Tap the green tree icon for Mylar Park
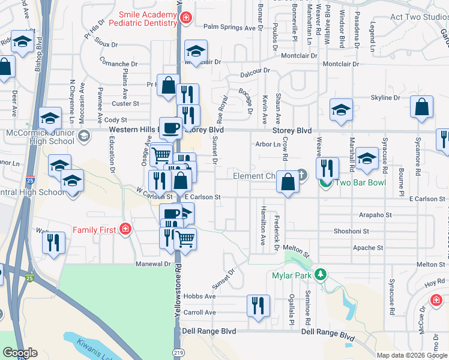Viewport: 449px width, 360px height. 321,275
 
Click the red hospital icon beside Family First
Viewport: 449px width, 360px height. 124,229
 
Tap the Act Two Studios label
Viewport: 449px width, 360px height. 419,17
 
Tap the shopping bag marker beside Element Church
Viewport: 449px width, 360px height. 288,182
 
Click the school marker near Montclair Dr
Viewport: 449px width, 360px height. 196,51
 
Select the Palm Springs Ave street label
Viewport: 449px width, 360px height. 230,28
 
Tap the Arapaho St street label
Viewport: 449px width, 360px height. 375,214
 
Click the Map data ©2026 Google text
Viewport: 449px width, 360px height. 412,355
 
